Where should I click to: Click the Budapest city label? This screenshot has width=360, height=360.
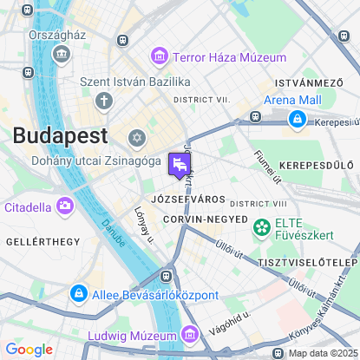(60, 135)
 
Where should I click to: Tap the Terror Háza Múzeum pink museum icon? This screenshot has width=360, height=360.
(159, 57)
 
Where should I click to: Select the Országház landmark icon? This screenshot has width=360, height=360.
(62, 55)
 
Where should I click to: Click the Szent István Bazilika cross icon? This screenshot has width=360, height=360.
(104, 101)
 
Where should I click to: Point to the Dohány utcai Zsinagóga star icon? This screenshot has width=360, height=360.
(136, 138)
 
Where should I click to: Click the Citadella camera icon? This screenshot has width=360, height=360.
(65, 206)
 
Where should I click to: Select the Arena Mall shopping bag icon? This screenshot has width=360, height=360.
(298, 118)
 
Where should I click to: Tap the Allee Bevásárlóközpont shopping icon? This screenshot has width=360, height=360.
(78, 294)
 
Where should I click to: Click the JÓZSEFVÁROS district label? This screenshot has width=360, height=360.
(182, 199)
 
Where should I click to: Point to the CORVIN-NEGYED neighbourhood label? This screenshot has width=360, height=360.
(205, 219)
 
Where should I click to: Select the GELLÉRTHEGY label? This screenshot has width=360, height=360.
(42, 240)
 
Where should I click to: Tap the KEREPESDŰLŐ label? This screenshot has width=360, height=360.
(317, 164)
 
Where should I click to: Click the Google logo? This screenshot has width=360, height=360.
(29, 350)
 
